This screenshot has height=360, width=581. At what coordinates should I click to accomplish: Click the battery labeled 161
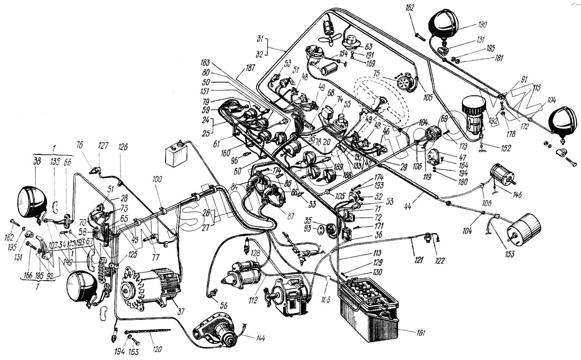click(370, 310)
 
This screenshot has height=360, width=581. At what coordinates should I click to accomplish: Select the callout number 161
click(421, 333)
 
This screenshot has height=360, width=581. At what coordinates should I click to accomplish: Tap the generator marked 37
click(153, 288)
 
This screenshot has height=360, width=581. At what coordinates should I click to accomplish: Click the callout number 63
click(368, 47)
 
